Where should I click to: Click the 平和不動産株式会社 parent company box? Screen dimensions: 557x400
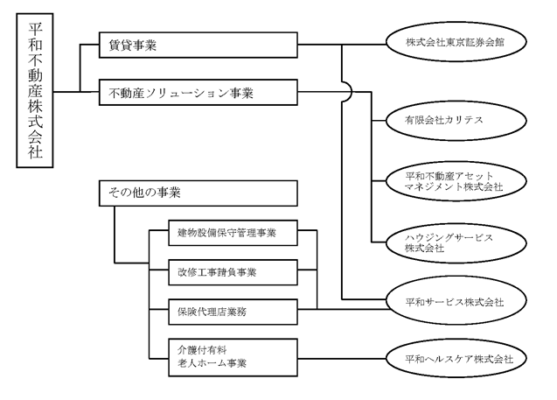tap(35, 90)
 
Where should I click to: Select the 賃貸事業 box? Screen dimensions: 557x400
tap(198, 45)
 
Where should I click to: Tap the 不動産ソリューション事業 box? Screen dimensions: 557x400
tap(198, 93)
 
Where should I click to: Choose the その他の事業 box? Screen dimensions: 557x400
tap(198, 193)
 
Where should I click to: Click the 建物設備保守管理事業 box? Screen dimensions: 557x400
tap(233, 233)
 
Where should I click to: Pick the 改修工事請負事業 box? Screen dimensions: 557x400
tap(233, 272)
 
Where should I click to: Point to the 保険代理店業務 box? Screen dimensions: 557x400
tap(233, 312)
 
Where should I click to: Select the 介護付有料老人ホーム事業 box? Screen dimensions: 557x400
tap(233, 357)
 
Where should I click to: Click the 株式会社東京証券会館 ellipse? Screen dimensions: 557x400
tap(456, 42)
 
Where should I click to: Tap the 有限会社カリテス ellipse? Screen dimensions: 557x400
tap(456, 121)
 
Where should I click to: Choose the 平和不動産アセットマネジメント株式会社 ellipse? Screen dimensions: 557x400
tap(456, 181)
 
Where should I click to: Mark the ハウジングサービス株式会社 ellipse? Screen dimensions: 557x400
tap(456, 243)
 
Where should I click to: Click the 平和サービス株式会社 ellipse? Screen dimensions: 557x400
tap(456, 301)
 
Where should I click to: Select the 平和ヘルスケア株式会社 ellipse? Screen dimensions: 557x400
tap(456, 358)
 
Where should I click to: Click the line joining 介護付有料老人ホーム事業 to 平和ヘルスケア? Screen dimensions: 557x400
tap(342, 358)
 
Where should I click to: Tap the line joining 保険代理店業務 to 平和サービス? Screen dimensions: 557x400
tap(344, 309)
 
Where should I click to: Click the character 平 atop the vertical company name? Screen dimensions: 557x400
tap(35, 29)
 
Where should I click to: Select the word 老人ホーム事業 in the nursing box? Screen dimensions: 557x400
tap(212, 363)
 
